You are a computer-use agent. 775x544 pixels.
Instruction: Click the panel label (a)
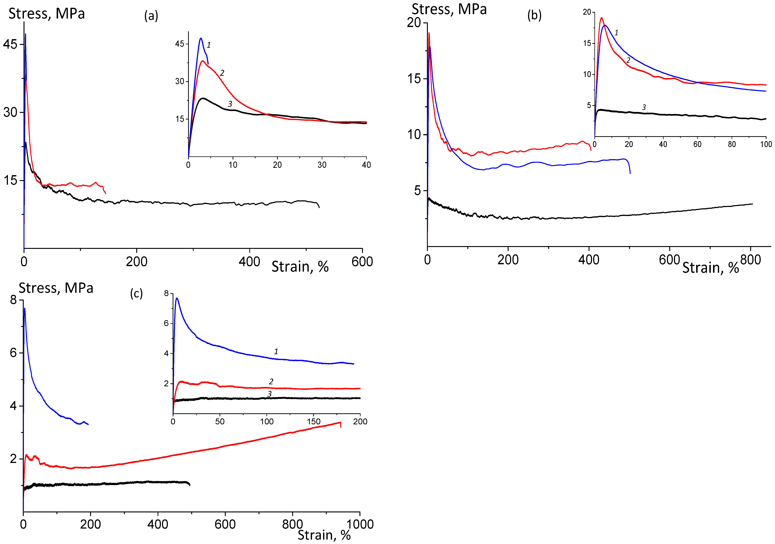[151, 15]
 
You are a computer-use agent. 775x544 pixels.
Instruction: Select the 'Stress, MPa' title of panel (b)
[449, 9]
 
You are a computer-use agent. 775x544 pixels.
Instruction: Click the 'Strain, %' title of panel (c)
[324, 535]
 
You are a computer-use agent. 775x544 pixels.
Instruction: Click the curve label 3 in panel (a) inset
[230, 104]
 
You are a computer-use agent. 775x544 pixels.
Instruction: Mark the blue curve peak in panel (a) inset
[201, 38]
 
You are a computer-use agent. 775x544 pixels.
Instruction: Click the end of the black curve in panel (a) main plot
[319, 207]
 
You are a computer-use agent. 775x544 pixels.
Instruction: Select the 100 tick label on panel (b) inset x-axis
[766, 144]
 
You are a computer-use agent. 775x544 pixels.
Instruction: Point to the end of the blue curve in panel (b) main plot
[630, 173]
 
